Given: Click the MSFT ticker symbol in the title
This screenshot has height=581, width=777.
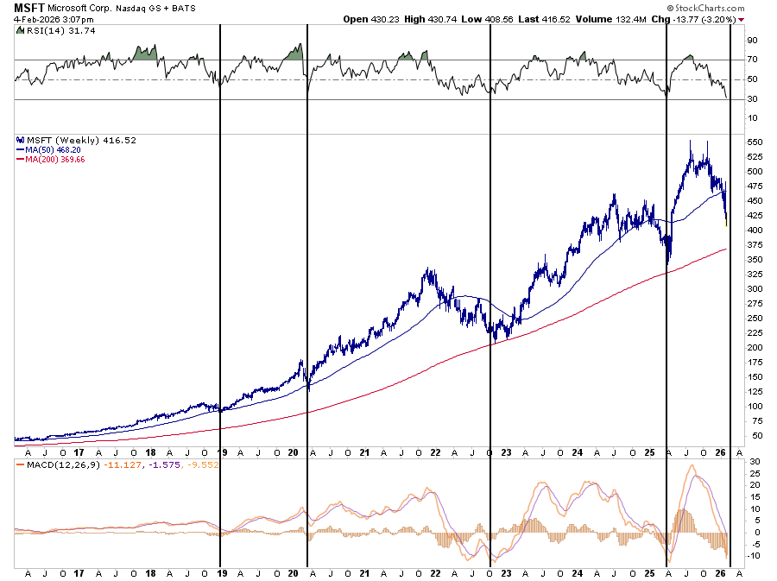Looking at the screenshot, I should pos(28,8).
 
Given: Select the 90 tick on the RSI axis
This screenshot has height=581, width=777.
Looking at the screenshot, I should pos(751,40).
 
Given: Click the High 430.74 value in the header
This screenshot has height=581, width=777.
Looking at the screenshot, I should pos(431,19).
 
